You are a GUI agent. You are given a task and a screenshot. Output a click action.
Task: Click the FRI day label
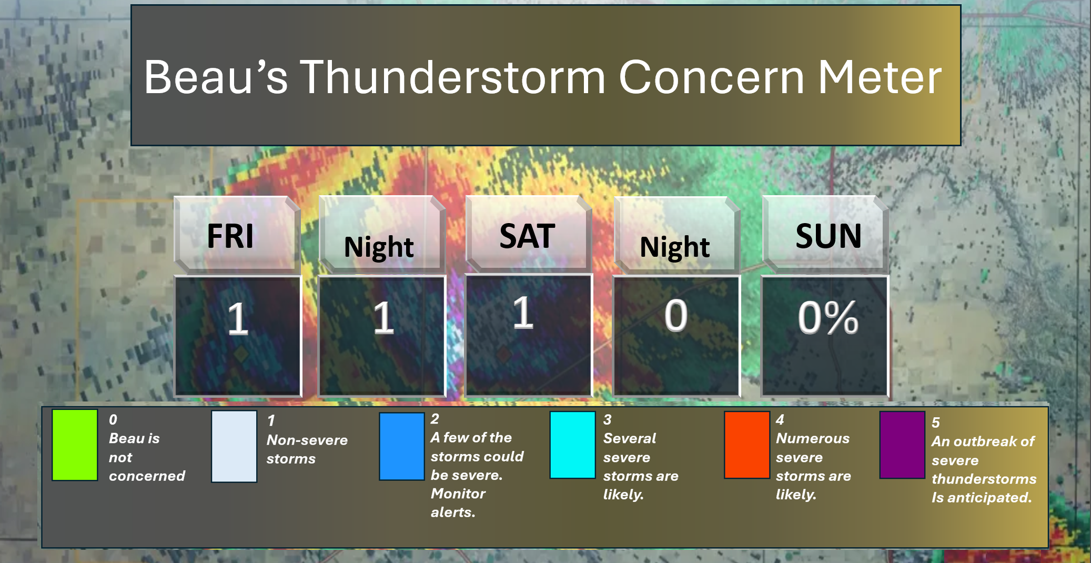click(230, 236)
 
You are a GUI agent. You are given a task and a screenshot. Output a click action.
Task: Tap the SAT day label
click(527, 236)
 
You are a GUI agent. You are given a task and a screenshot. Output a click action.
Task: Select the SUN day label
click(829, 236)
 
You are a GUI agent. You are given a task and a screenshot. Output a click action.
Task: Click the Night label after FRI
click(379, 247)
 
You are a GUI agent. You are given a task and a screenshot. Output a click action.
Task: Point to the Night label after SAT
click(675, 247)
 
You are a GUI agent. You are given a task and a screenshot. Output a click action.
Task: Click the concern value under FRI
click(238, 318)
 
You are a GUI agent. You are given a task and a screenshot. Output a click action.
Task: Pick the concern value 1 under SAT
click(523, 313)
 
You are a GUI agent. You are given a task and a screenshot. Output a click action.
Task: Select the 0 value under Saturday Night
click(676, 316)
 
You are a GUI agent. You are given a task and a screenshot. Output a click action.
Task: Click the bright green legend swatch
click(75, 445)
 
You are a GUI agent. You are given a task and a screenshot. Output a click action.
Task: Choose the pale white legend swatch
click(234, 446)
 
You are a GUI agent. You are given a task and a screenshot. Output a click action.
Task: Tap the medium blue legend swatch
click(402, 446)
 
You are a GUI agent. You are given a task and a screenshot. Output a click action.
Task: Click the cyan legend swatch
click(572, 445)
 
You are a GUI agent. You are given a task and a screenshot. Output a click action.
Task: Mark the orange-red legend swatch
click(747, 445)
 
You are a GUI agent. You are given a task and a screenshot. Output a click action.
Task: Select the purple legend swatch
click(902, 445)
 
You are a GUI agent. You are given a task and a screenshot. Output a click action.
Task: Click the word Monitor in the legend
click(458, 494)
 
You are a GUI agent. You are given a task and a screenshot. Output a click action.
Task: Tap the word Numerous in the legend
click(813, 438)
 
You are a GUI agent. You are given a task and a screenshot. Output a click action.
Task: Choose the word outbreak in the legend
click(987, 441)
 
